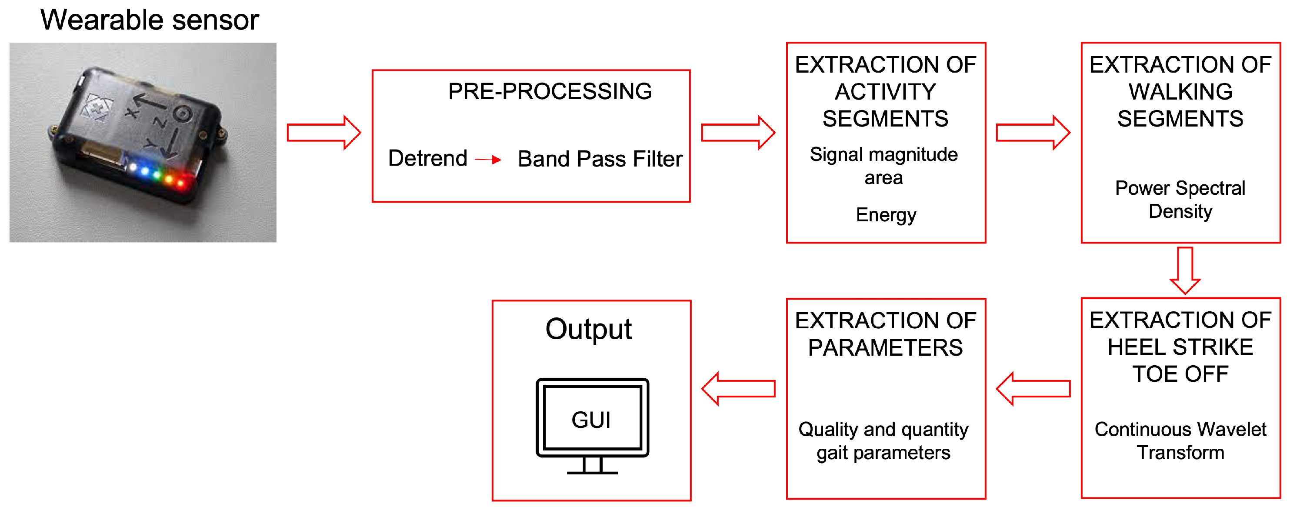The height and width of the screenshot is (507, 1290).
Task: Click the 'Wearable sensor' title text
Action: pos(149,20)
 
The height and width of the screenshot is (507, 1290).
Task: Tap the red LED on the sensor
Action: pos(181,183)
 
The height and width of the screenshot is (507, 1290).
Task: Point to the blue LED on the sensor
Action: pos(145,171)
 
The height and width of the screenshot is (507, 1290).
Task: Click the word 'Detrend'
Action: pos(428,158)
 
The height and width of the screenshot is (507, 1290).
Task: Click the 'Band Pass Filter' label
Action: pos(600,159)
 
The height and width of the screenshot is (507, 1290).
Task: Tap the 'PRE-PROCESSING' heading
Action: pos(550,91)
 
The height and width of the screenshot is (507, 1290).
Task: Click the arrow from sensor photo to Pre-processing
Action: pos(323,133)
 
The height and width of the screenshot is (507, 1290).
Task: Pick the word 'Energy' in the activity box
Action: pos(885,214)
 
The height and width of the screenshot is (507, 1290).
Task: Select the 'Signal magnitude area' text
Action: pos(883,166)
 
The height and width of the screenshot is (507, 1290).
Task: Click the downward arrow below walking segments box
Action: pos(1185,270)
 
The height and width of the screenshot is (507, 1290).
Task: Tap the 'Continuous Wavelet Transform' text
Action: pos(1180,441)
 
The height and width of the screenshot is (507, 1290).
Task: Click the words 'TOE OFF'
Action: pos(1180,374)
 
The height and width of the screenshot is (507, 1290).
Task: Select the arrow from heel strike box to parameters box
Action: pos(1033,389)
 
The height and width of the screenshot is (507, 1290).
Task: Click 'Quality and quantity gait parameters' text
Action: pos(883,441)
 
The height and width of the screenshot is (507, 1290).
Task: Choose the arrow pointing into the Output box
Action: pos(738,389)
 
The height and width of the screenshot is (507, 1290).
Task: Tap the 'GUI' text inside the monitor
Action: pos(591,420)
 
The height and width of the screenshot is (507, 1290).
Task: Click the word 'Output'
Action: pos(588,329)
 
